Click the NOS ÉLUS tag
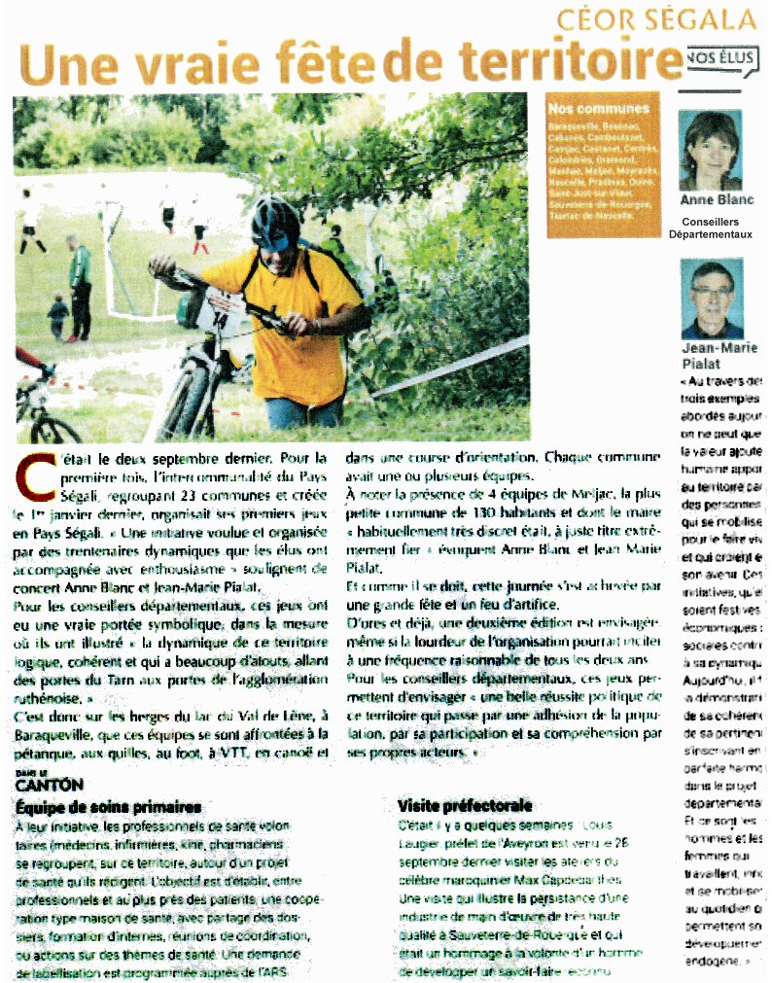click(721, 58)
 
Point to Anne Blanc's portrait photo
click(711, 150)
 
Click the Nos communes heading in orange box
click(585, 108)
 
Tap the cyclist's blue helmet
click(275, 221)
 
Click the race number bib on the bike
click(225, 311)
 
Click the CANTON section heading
click(49, 784)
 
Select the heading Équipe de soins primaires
click(109, 807)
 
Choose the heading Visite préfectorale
click(465, 806)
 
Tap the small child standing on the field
click(57, 318)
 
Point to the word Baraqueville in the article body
click(58, 736)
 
